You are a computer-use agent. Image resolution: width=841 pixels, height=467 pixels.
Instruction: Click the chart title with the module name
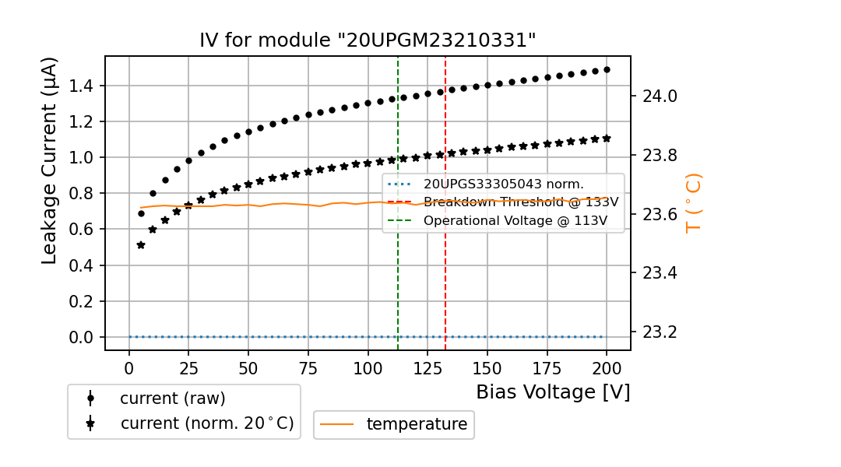(x=368, y=40)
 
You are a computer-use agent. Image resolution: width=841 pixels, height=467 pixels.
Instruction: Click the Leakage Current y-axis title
(x=50, y=161)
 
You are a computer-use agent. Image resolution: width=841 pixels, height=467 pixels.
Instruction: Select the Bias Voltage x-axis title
(x=553, y=392)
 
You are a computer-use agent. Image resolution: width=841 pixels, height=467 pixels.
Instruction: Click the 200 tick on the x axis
(x=607, y=367)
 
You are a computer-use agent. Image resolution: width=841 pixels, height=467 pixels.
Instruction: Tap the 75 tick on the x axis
(x=308, y=367)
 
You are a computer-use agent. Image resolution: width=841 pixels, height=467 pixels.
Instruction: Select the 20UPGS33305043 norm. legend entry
(x=503, y=184)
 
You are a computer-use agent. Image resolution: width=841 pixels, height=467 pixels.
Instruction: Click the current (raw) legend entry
(x=172, y=399)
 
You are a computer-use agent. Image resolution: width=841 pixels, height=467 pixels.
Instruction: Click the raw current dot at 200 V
(x=607, y=69)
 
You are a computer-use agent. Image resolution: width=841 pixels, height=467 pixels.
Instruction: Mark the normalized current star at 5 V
(x=141, y=245)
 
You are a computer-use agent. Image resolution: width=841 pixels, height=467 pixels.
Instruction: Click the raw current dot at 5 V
(x=141, y=213)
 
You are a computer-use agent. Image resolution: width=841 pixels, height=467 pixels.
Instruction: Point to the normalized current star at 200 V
(x=607, y=138)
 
